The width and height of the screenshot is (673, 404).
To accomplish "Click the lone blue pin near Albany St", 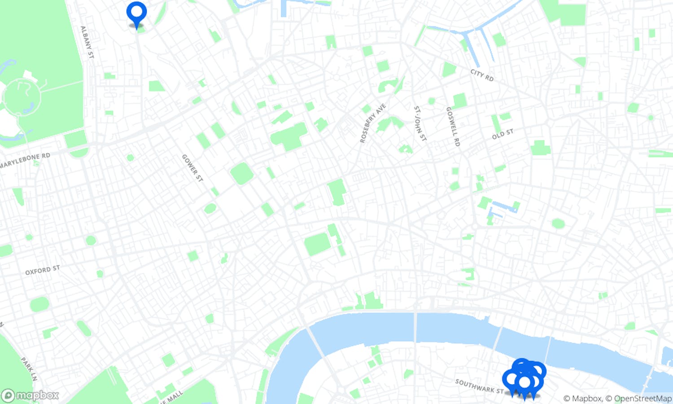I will tap(136, 13).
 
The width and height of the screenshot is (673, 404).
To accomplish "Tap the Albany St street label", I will tap(87, 42).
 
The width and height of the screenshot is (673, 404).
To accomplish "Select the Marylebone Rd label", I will tap(25, 160).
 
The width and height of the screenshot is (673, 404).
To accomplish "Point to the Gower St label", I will tap(192, 168).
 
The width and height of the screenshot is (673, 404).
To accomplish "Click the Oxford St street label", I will tap(42, 270).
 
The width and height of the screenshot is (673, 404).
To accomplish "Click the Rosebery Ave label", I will tap(372, 123).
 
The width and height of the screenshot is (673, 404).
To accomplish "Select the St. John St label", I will tap(420, 124).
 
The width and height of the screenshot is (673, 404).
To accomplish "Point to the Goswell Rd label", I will tap(453, 127).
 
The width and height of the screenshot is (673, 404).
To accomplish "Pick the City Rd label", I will tap(482, 75).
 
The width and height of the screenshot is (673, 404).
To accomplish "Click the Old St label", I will tap(502, 134).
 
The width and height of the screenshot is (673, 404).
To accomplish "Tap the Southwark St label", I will tap(479, 386).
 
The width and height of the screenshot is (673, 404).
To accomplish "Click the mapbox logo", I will tap(31, 395).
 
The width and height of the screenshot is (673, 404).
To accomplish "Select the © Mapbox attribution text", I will tap(582, 399).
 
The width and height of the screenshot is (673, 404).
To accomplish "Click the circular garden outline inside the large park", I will tap(22, 97).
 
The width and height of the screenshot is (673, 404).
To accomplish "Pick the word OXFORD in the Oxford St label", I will tap(38, 271).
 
